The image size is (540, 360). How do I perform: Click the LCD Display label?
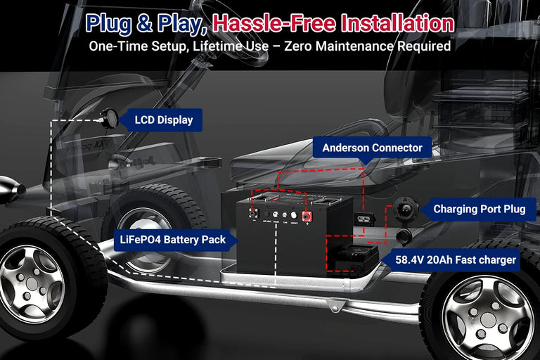point(163,120)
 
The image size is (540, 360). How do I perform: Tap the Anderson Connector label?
point(372,148)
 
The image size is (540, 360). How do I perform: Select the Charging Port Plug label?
point(479,209)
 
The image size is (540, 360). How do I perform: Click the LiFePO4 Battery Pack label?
point(172,240)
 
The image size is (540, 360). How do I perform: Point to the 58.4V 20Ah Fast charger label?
point(456,260)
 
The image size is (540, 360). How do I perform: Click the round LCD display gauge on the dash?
point(109,119)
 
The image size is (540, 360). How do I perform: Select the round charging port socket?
point(406,207)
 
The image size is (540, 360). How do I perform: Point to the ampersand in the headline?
point(144,24)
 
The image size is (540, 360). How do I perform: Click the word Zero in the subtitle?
point(298,46)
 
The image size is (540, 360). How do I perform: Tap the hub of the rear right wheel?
point(487,319)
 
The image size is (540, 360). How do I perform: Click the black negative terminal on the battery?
point(254,214)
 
